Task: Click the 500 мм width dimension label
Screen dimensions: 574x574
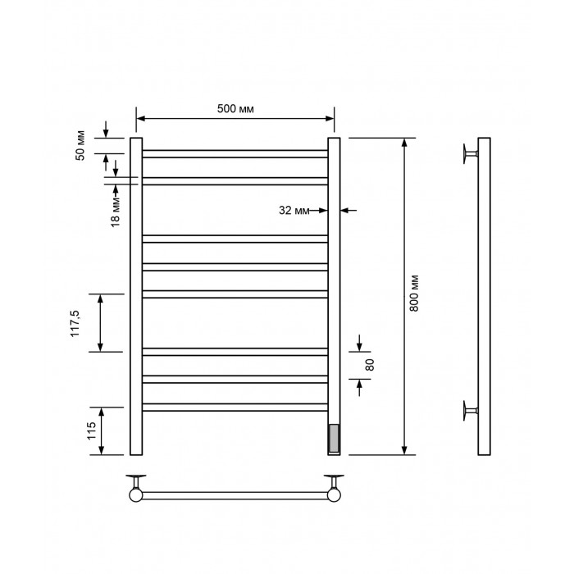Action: [235, 109]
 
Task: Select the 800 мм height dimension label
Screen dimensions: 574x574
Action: [414, 294]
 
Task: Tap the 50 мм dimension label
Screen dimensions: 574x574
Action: [80, 145]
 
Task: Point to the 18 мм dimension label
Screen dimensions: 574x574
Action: [116, 212]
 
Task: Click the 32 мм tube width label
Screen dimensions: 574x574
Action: [294, 210]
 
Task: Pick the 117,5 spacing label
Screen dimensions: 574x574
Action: [75, 323]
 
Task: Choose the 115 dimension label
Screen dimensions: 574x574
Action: [91, 430]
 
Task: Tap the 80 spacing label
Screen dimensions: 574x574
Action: [370, 365]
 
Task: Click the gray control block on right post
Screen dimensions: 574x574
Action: [334, 438]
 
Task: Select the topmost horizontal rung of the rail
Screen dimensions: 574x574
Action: [235, 154]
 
